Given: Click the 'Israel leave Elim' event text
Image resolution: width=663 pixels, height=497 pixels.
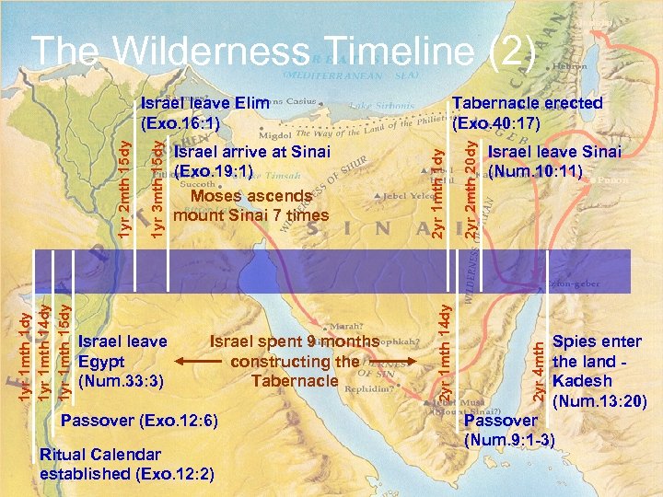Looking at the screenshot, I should pyautogui.click(x=204, y=103).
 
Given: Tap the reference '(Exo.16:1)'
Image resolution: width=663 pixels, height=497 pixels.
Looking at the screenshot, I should pyautogui.click(x=179, y=123).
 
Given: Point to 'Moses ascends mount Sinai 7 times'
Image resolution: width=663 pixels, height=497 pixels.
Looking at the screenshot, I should pyautogui.click(x=250, y=205).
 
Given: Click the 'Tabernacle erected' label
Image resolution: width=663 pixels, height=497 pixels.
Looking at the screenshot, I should pyautogui.click(x=528, y=103).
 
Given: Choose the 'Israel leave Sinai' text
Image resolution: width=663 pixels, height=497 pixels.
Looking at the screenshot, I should pyautogui.click(x=554, y=151).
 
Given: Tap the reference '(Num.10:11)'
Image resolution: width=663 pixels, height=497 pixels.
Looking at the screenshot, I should pyautogui.click(x=535, y=170).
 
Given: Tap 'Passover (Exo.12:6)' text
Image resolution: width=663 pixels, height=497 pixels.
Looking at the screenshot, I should pyautogui.click(x=138, y=421).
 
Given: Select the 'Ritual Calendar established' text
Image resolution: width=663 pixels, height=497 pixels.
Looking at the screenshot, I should pyautogui.click(x=100, y=454).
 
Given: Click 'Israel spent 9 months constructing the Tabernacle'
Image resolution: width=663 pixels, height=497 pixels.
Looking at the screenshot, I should pyautogui.click(x=294, y=361).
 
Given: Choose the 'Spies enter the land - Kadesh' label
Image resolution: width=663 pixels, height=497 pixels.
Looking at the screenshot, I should pyautogui.click(x=597, y=361).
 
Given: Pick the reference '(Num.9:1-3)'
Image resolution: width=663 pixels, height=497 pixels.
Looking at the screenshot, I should pyautogui.click(x=510, y=440).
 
